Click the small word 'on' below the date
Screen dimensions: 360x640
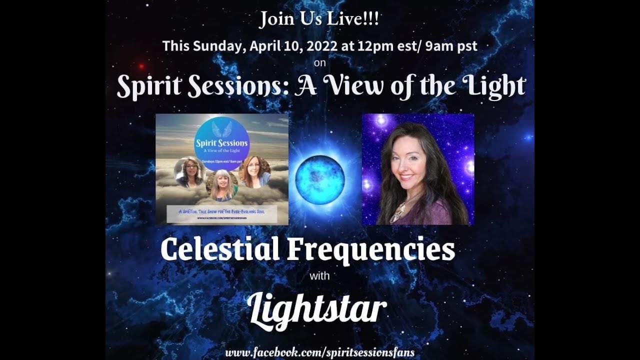point(320,63)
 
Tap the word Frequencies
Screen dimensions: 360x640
point(370,250)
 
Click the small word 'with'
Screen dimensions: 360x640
point(320,275)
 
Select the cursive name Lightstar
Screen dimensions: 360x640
point(317,309)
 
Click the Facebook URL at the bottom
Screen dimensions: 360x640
point(320,352)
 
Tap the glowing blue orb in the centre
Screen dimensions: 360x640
point(320,178)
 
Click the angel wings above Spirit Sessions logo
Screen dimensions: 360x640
point(221,129)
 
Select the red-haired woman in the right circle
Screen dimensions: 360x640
point(254,171)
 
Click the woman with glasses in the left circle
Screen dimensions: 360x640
point(189,171)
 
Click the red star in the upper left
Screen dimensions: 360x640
point(142,66)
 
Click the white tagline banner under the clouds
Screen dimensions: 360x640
point(221,212)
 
